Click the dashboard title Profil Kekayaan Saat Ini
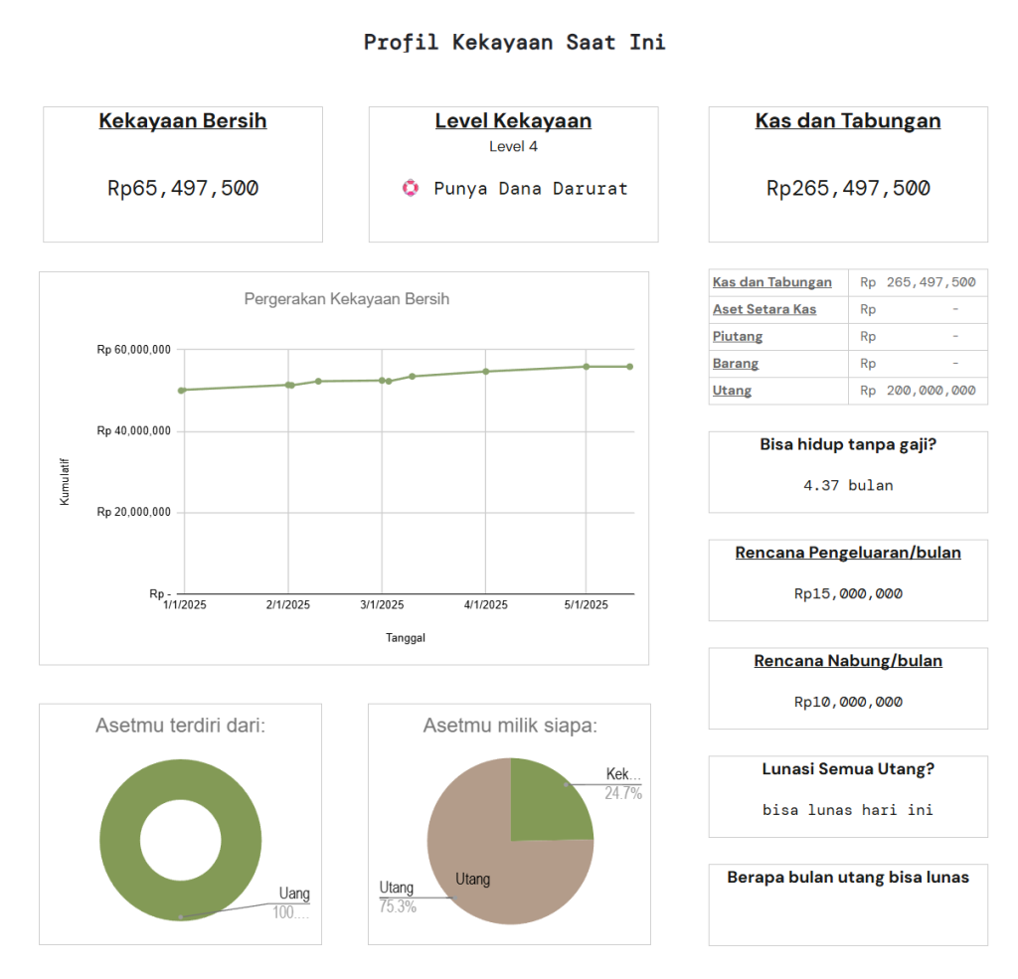tap(514, 43)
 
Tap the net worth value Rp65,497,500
tap(183, 188)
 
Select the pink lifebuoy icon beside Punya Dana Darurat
tap(411, 188)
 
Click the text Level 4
tap(513, 146)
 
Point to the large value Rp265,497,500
tap(848, 188)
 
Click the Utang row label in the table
tap(732, 391)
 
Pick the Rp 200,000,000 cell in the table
tap(918, 391)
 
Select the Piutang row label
tap(738, 337)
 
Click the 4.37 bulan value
tap(848, 486)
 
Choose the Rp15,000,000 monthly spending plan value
tap(848, 594)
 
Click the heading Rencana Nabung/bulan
tap(848, 661)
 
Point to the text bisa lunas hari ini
tap(848, 810)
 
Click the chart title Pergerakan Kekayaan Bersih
tap(347, 299)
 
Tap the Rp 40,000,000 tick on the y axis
tap(134, 431)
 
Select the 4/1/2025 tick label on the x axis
tap(486, 605)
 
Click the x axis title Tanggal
tap(406, 638)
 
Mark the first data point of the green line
tap(181, 390)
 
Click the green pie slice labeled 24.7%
tap(547, 800)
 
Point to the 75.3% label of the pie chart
tap(398, 906)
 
